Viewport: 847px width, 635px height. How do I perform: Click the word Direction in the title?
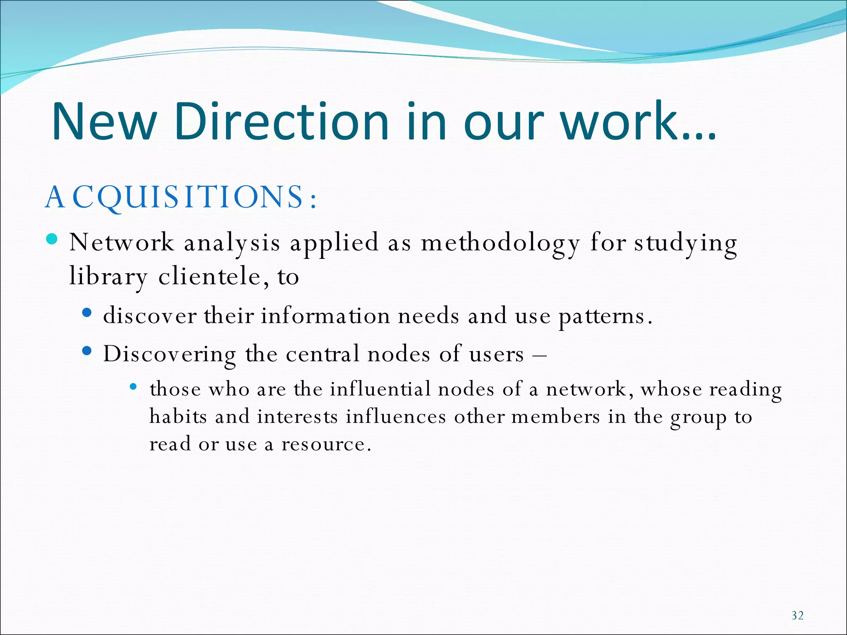(x=281, y=122)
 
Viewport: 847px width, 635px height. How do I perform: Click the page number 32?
(x=797, y=616)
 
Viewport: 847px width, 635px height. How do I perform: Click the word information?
(x=325, y=316)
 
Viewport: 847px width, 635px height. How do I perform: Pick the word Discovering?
(x=170, y=355)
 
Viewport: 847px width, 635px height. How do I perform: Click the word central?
(x=323, y=354)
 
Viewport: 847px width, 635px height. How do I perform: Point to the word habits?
(x=178, y=416)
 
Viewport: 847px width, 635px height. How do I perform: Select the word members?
(x=555, y=416)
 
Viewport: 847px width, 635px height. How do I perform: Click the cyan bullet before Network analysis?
(x=52, y=239)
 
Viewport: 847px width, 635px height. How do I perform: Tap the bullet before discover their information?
(x=86, y=313)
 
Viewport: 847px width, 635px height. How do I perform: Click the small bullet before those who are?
(x=133, y=387)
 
